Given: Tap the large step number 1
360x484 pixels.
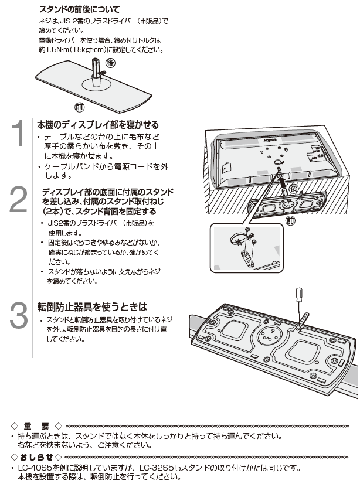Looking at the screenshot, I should tap(19, 135).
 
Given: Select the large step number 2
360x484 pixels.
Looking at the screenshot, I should tap(19, 201).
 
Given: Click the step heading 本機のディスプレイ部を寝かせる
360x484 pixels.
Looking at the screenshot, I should tap(98, 125).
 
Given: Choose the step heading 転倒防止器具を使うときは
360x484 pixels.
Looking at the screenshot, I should tap(91, 306).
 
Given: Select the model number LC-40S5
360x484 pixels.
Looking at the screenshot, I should tap(36, 468).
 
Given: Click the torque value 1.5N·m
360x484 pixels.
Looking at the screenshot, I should tap(53, 49).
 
